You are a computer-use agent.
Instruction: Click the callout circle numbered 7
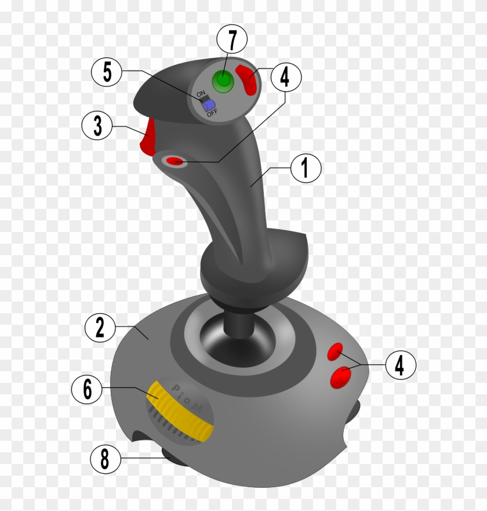click(232, 41)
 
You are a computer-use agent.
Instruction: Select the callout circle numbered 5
click(107, 72)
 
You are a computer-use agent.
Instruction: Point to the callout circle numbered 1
click(306, 168)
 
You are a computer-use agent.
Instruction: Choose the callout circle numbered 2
click(100, 328)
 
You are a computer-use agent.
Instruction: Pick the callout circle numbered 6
click(87, 389)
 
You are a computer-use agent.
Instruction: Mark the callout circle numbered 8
click(105, 460)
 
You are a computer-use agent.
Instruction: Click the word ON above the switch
click(201, 93)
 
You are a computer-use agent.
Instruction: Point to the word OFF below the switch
click(213, 114)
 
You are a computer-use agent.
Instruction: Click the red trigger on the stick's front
click(148, 137)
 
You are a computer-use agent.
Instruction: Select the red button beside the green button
click(248, 80)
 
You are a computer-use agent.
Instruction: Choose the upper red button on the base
click(335, 351)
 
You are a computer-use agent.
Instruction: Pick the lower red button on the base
click(342, 377)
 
